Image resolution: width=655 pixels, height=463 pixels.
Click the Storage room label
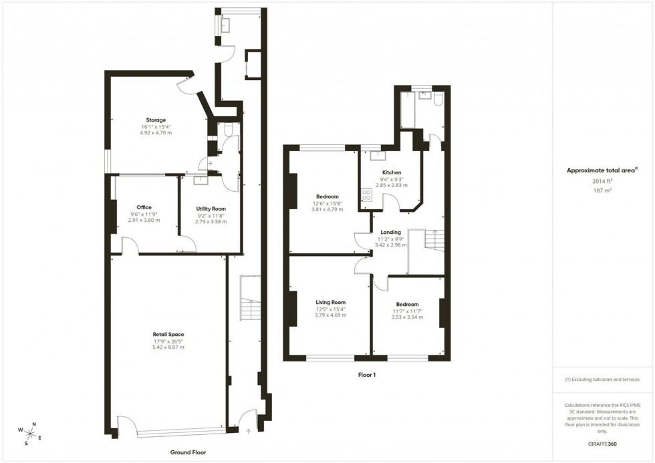(156, 120)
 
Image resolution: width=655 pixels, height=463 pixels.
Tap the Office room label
(144, 207)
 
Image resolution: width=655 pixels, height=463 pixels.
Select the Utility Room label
(211, 208)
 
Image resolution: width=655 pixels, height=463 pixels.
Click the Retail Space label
(167, 334)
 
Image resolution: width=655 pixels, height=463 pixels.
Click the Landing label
(391, 232)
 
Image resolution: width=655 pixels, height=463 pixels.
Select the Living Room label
(330, 302)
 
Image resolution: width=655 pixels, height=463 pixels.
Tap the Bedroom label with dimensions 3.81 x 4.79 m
(327, 196)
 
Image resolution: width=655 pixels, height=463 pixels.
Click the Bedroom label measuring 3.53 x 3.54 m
(406, 304)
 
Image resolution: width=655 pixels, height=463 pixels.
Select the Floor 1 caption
(367, 375)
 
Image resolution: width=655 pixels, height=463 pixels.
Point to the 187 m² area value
(602, 190)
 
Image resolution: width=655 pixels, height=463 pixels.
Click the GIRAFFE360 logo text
(603, 443)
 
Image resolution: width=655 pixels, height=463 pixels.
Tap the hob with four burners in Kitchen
(366, 194)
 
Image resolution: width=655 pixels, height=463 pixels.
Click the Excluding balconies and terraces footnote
(602, 379)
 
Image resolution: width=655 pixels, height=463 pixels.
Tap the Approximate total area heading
(601, 170)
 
